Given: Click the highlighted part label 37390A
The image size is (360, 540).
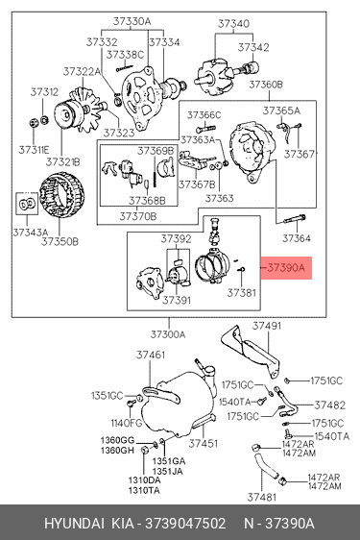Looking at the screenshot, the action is [286, 267].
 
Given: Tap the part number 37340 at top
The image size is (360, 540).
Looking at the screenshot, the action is [233, 23].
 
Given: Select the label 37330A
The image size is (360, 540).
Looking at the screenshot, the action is [132, 21].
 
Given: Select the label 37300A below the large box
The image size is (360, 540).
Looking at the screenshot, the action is [168, 334].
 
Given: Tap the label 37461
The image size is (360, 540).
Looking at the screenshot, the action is [151, 355].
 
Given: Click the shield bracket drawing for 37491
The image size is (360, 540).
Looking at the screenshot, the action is [250, 350].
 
